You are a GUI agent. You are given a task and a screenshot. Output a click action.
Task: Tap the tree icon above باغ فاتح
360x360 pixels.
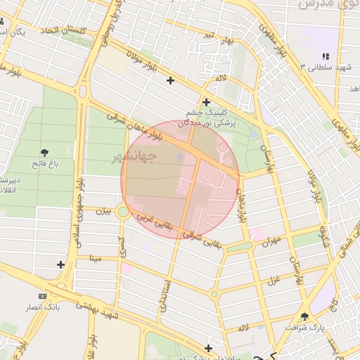point(45,153)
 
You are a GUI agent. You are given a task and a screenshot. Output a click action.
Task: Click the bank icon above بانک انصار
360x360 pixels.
point(44,296)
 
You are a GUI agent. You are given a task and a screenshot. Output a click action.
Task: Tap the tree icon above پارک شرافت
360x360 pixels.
point(304,316)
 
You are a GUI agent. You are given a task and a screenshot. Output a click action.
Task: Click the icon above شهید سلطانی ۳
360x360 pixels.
point(324,56)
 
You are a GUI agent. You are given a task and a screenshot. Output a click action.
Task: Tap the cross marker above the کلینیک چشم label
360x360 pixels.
point(206,102)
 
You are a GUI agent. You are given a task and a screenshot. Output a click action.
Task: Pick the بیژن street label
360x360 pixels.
point(103,210)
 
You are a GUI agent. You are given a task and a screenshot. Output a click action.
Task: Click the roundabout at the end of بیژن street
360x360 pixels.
point(123,211)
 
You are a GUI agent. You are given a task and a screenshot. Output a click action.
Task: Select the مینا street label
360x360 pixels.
point(94,258)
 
